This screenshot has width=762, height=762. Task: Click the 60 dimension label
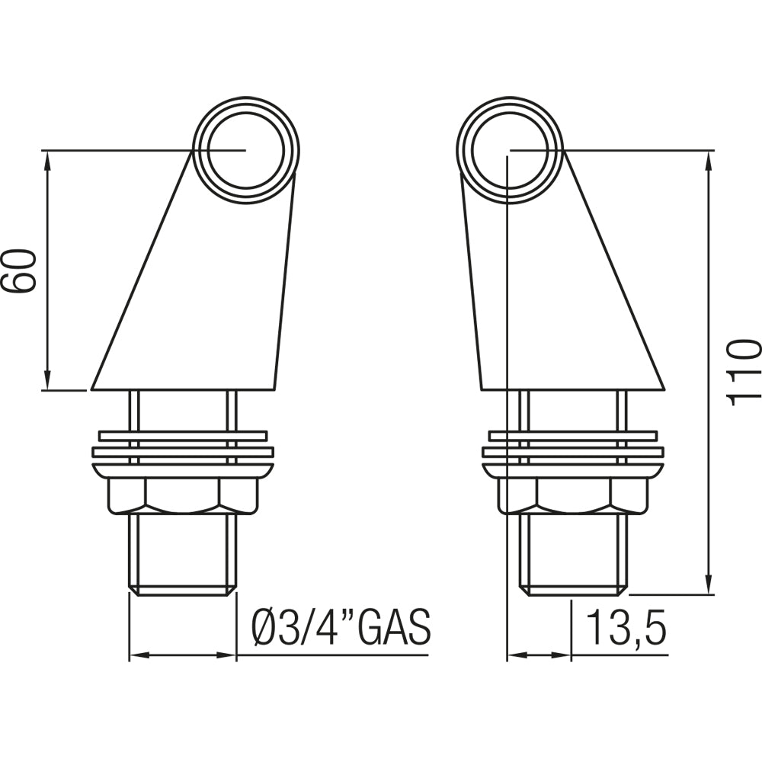(19, 271)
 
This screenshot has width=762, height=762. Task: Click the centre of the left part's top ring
(246, 150)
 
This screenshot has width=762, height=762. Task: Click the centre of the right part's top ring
(510, 150)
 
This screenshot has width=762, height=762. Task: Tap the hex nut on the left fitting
(182, 496)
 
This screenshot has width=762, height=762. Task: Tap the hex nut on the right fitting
(575, 496)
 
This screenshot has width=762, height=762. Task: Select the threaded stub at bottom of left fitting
(182, 554)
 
